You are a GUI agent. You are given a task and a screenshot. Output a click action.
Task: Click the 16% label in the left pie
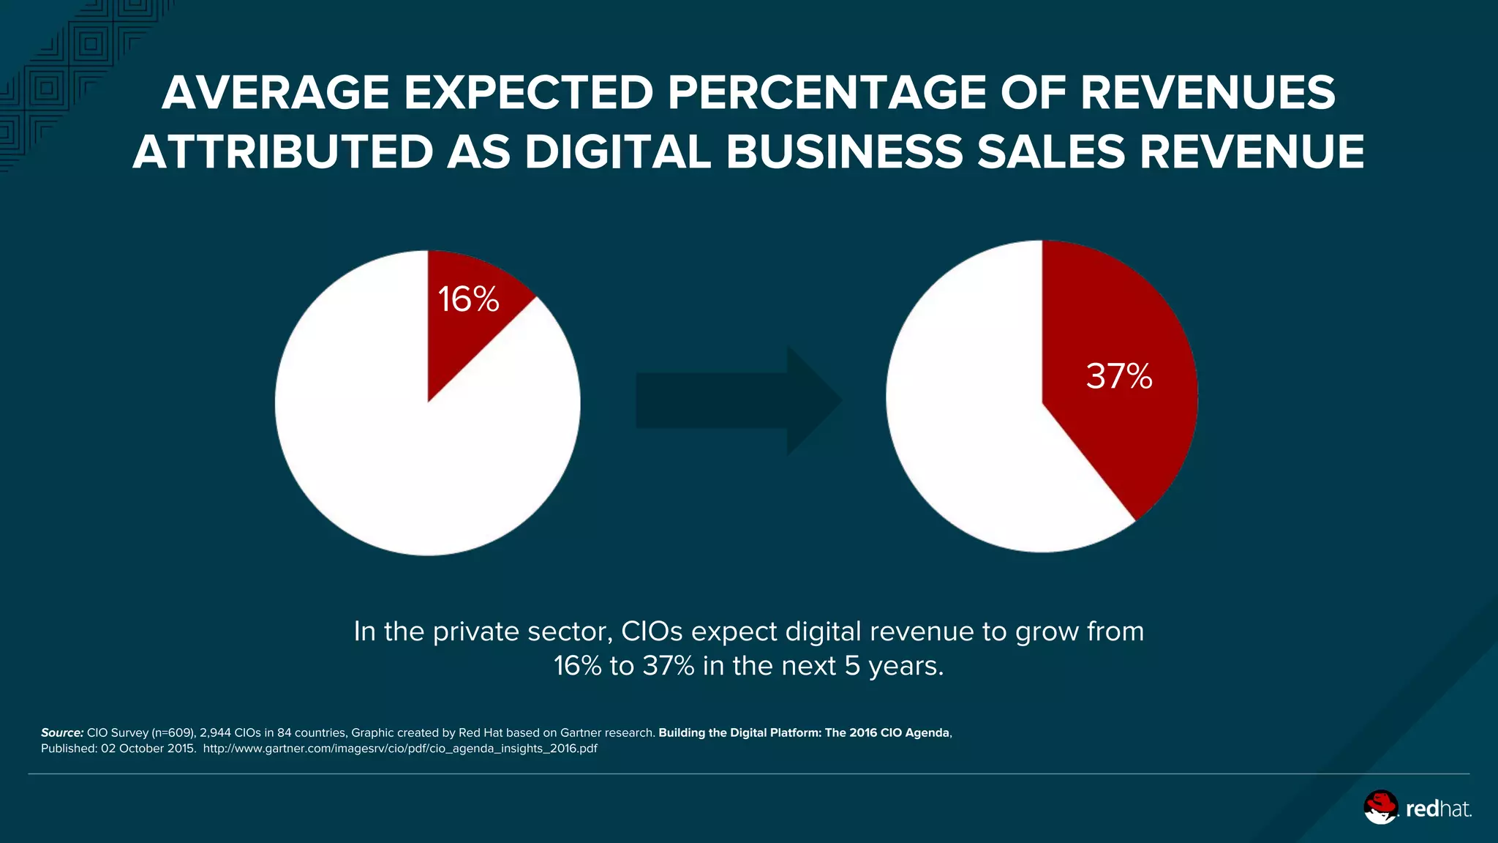pos(468,299)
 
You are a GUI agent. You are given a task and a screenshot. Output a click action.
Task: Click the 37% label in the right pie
pos(1119,376)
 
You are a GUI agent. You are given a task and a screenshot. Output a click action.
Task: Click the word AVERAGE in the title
pos(276,93)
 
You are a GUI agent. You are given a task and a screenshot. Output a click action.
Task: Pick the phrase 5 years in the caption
pos(894,666)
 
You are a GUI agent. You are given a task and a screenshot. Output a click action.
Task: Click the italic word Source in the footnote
pos(62,733)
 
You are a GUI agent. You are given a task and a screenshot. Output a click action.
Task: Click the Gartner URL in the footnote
pos(400,749)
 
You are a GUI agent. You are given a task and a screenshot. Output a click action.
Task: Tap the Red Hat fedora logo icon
pos(1380,807)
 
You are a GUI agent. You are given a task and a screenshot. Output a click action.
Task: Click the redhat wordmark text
pos(1438,809)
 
